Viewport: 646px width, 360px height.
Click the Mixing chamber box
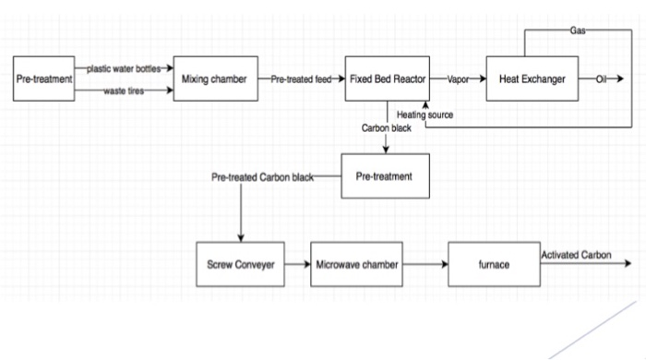215,79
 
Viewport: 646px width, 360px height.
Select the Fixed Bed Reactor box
386,79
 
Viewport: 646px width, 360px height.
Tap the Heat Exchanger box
532,79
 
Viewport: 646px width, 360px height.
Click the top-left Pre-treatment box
44,79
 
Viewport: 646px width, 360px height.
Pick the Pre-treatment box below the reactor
386,175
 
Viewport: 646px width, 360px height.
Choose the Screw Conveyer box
240,264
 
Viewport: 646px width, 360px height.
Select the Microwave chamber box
357,264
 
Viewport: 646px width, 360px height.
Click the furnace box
493,264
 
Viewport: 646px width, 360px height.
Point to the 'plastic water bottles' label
124,69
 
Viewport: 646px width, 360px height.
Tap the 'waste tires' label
123,90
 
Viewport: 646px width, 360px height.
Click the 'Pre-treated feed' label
301,79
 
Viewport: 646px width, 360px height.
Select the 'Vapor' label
459,79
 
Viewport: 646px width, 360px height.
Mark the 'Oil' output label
601,79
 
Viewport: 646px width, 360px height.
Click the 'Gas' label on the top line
578,30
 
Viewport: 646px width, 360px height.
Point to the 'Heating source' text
425,114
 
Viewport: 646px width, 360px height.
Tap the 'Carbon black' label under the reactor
387,128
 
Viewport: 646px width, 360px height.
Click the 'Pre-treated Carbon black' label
262,175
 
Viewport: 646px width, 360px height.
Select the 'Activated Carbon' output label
576,255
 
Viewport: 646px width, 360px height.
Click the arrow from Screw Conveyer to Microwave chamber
297,264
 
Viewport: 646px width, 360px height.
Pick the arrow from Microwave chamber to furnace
425,264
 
